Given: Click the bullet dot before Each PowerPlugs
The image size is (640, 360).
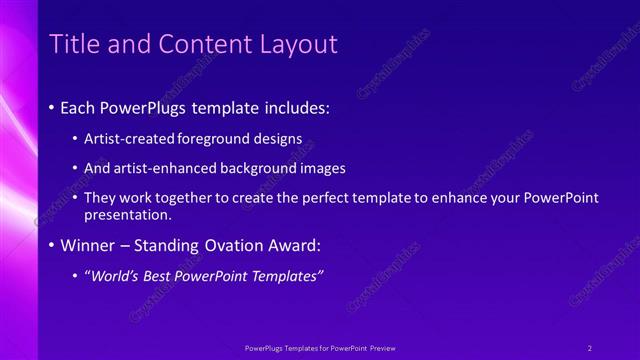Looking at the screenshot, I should point(52,106).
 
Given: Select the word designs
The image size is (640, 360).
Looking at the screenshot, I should point(276,138).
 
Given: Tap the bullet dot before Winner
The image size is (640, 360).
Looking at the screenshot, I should point(52,245).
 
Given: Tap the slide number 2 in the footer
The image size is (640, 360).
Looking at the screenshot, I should point(590,348).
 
